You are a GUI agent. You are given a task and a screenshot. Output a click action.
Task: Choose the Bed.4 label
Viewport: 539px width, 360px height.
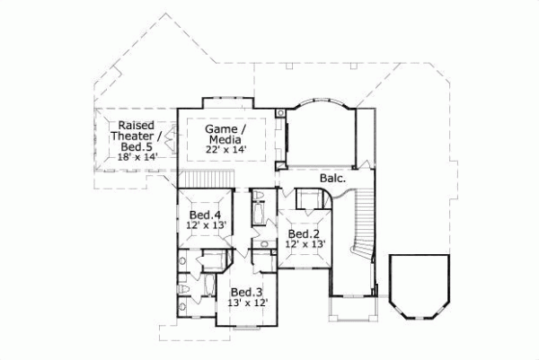point(206,215)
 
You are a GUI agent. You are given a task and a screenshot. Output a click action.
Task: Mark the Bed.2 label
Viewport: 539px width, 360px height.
point(305,233)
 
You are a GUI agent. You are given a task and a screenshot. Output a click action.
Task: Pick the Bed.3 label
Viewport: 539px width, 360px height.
point(247,292)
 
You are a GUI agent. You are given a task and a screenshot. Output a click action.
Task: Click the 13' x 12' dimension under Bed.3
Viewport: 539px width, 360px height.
point(247,303)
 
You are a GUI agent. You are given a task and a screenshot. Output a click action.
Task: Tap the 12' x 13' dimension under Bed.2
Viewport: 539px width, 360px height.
point(305,244)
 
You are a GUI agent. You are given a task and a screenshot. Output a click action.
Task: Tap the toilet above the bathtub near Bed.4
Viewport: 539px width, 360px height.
point(259,195)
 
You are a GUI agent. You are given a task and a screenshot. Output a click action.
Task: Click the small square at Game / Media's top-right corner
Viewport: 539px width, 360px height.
point(280,112)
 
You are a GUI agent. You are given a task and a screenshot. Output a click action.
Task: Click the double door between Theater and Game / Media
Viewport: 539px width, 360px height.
point(175,139)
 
